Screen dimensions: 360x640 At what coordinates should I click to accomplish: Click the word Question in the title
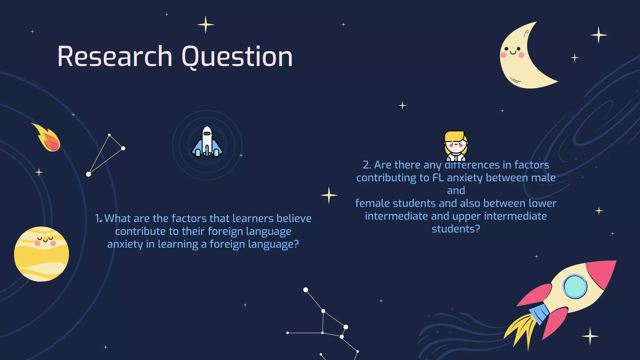pyautogui.click(x=237, y=57)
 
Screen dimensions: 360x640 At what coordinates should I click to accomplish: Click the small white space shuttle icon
pyautogui.click(x=207, y=142)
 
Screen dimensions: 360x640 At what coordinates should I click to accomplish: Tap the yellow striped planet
pyautogui.click(x=42, y=254)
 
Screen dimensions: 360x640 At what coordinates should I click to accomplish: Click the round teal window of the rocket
pyautogui.click(x=575, y=286)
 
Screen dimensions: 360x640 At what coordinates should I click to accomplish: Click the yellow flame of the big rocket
pyautogui.click(x=522, y=328)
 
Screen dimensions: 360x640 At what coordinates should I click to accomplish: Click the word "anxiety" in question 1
pyautogui.click(x=125, y=244)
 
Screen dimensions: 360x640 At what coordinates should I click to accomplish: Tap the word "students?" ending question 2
pyautogui.click(x=456, y=229)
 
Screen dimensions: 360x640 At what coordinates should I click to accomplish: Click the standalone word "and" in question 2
pyautogui.click(x=456, y=191)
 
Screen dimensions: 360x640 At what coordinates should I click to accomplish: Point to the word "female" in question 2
pyautogui.click(x=372, y=203)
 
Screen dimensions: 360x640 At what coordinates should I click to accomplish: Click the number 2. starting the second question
pyautogui.click(x=367, y=165)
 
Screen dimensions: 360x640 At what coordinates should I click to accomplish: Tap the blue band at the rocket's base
pyautogui.click(x=540, y=312)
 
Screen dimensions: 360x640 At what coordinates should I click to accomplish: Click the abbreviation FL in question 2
pyautogui.click(x=438, y=178)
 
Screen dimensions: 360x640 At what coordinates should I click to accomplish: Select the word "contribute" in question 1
pyautogui.click(x=140, y=232)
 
